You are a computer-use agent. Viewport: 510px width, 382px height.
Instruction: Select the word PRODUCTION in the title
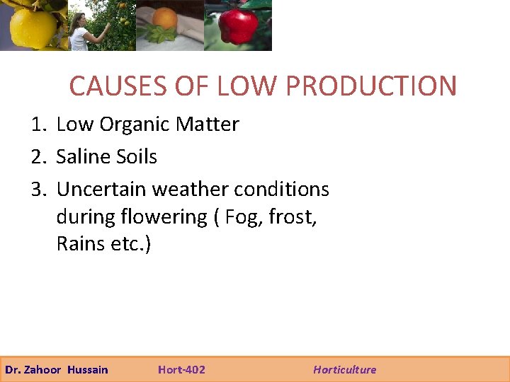tap(371, 86)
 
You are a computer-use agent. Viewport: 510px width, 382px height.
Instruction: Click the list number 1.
tap(38, 125)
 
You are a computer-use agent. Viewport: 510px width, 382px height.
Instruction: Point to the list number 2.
tap(38, 156)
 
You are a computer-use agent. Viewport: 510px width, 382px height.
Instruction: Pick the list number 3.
tap(38, 190)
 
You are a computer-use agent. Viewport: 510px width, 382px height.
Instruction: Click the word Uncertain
tap(101, 190)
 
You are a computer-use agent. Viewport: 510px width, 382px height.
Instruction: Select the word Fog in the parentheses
tap(240, 217)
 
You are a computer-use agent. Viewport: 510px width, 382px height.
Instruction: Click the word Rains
tap(81, 244)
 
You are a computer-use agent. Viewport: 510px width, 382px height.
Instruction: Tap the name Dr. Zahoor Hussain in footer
tap(57, 369)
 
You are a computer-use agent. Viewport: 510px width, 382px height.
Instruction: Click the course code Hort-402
tap(181, 369)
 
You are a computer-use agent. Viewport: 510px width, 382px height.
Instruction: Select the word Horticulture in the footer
tap(345, 369)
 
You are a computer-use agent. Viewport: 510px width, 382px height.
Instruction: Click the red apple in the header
tap(238, 27)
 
